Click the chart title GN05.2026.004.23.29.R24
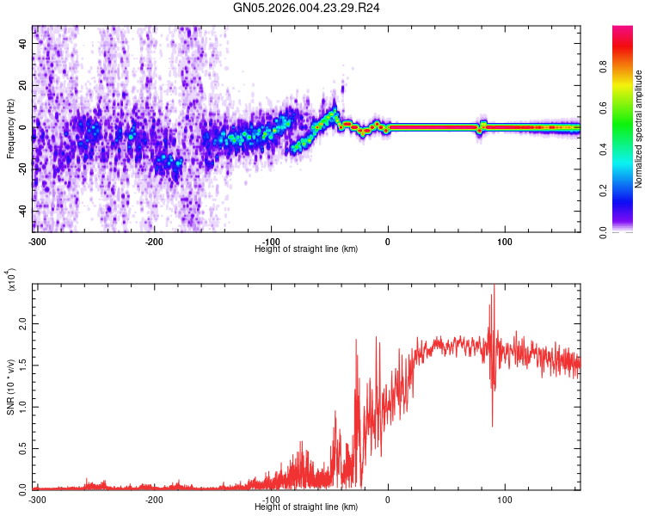307,8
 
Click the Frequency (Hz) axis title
10,128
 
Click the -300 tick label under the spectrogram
35,240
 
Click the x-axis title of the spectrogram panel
306,249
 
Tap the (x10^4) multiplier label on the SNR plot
11,279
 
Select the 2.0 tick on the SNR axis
22,323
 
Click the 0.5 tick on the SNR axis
22,448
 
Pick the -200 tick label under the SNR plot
154,500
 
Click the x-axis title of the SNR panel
306,507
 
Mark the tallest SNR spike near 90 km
494,286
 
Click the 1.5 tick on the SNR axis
22,365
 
